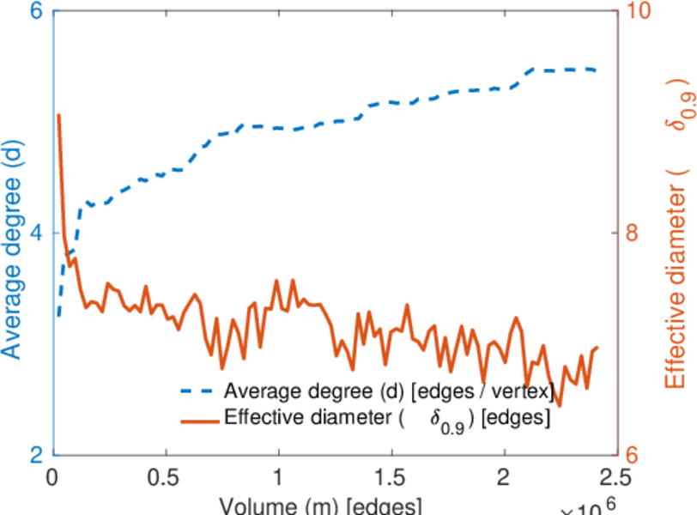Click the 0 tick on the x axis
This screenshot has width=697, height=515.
tap(53, 477)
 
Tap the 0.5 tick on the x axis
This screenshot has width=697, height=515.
tap(166, 477)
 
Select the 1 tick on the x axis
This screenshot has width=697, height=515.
tap(278, 477)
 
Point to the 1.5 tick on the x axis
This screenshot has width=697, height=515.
tap(391, 477)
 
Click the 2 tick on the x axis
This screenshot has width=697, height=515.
tap(503, 477)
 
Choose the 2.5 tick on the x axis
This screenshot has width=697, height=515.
tap(615, 477)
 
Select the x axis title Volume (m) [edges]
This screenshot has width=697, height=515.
tap(319, 504)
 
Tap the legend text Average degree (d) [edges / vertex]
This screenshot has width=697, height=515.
tap(388, 392)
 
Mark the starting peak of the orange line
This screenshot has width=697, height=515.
tap(58, 114)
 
